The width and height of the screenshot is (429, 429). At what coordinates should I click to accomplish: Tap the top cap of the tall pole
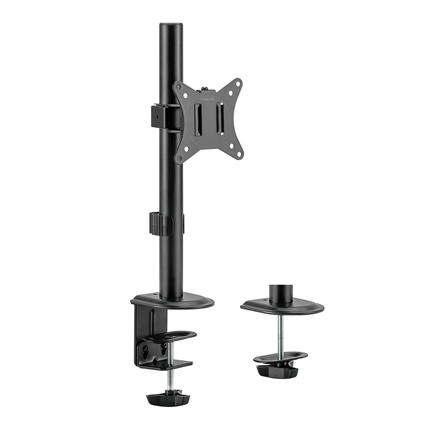(171, 25)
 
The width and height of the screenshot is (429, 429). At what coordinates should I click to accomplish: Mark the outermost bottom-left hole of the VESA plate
(179, 157)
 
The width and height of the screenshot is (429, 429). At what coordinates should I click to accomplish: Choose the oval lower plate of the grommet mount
(280, 357)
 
